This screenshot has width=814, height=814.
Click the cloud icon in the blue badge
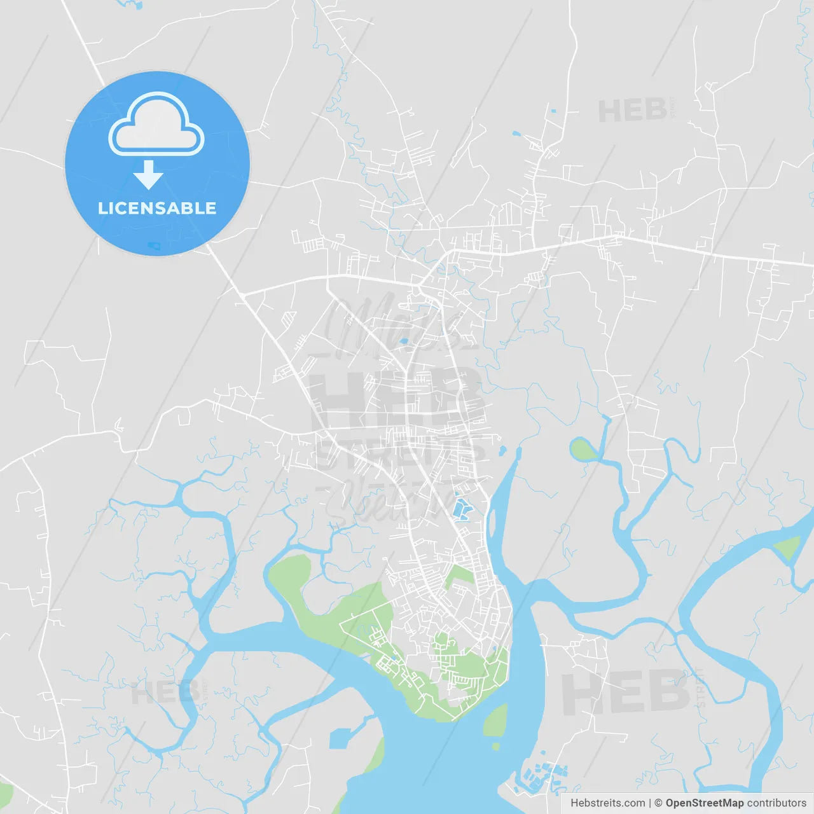156,125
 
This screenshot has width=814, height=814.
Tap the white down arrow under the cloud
148,175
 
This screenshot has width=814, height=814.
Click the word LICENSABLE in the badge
157,208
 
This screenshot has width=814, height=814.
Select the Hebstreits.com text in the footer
607,803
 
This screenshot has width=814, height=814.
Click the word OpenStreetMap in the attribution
705,803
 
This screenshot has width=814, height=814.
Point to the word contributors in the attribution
776,803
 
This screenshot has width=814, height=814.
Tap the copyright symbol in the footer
658,803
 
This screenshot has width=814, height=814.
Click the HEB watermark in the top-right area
633,111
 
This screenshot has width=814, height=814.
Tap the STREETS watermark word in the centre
401,455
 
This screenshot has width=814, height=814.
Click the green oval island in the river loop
583,450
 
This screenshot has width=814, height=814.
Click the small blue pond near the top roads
516,134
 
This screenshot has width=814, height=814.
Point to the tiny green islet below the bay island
495,746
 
